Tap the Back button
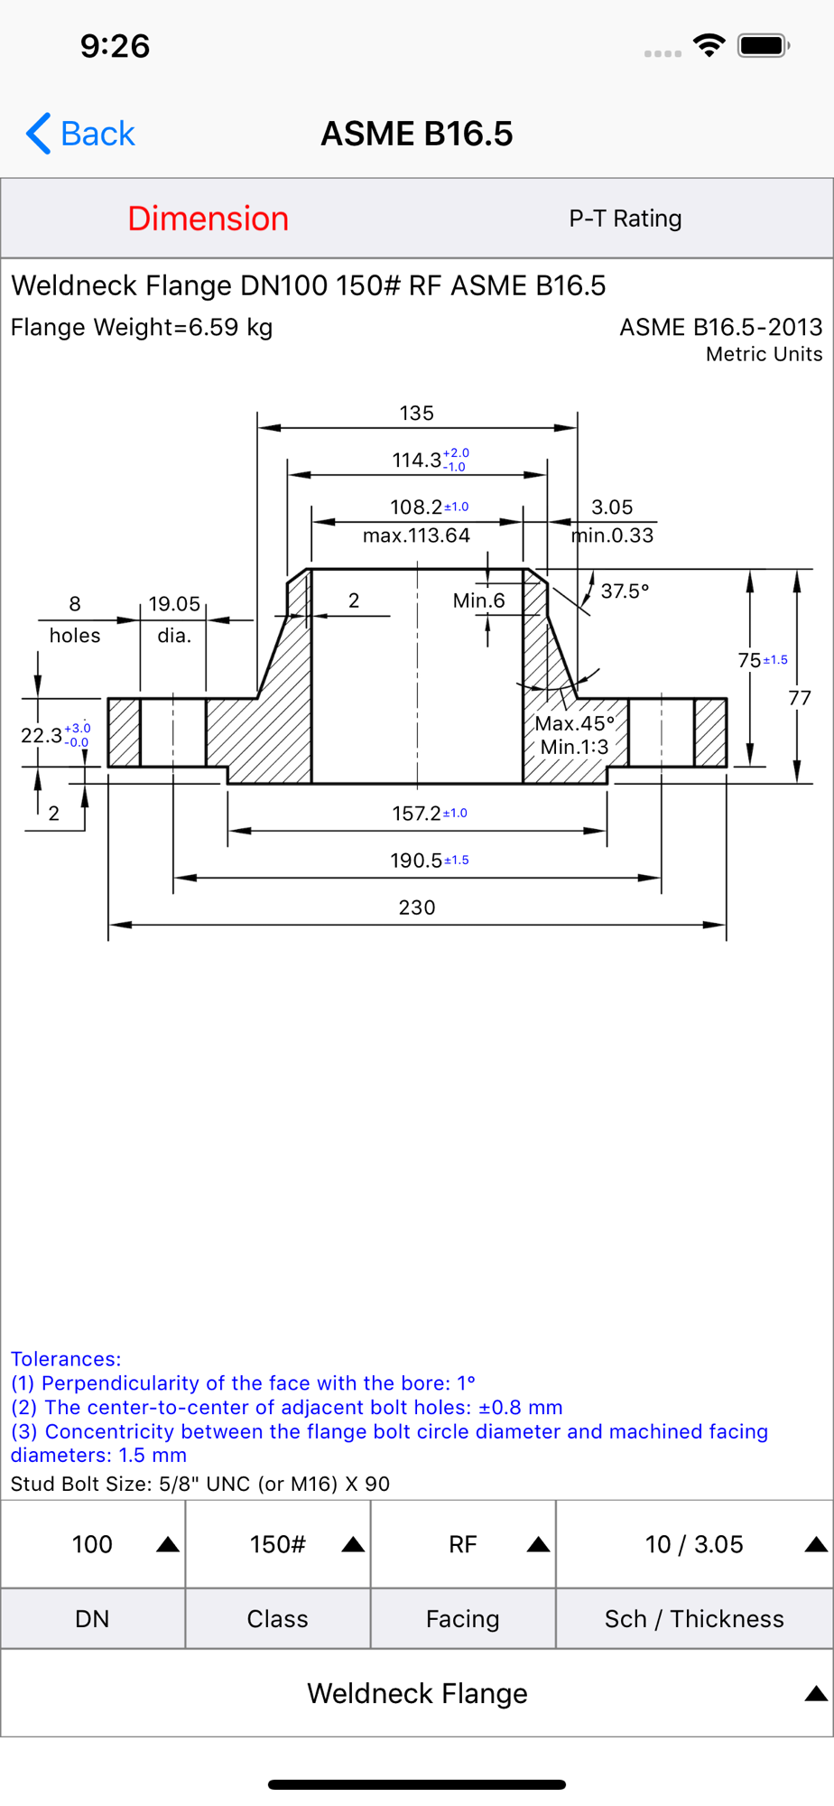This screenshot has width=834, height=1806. [80, 134]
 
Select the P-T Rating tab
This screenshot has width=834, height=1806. [625, 219]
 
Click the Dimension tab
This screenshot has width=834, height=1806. [208, 219]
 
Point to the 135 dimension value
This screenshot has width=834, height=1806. [417, 413]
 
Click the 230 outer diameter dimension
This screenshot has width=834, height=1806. [417, 908]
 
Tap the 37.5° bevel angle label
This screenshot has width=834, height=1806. [625, 591]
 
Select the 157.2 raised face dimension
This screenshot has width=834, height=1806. [416, 814]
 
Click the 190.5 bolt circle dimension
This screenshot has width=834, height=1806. [416, 861]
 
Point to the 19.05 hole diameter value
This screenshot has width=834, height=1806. [174, 604]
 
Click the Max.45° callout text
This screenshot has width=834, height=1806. [574, 723]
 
